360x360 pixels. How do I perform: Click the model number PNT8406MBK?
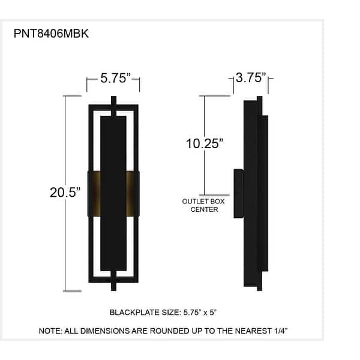pos(51,34)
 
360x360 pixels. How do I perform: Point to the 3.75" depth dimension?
pos(250,77)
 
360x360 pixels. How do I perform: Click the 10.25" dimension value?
pos(205,143)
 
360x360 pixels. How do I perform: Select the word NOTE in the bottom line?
pos(50,331)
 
